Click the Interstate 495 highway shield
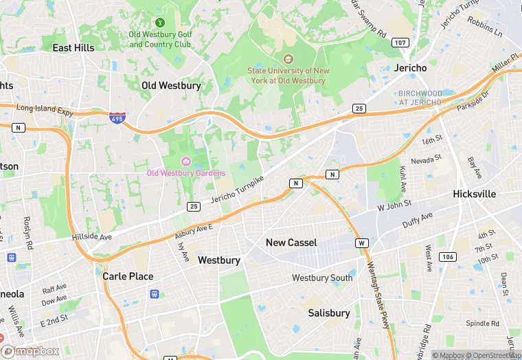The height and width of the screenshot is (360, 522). point(117,118)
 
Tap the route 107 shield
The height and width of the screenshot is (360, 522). point(400,43)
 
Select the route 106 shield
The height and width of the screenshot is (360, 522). point(447,257)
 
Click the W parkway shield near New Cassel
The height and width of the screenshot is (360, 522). point(361,243)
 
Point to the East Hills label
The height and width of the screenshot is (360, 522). point(73,48)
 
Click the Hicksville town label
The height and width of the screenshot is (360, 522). point(474,194)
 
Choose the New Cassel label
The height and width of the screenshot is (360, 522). point(291,243)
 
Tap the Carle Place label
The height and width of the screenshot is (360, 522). point(128,276)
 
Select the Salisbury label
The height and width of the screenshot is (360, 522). point(329,313)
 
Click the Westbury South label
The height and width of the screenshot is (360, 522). point(322,278)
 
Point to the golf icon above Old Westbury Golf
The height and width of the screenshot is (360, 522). point(160,23)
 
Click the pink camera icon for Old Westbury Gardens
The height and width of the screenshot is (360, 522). point(185,161)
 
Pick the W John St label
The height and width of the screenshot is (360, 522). point(394,204)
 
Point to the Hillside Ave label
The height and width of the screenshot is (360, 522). point(91,237)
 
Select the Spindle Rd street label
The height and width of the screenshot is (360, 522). point(483,323)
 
